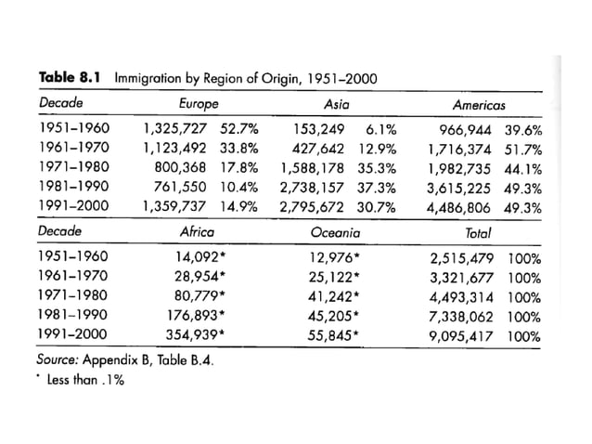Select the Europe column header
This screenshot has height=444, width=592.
tap(198, 101)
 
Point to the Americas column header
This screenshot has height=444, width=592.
tap(480, 101)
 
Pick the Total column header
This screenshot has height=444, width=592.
tap(479, 231)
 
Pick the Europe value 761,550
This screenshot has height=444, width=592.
tap(185, 186)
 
